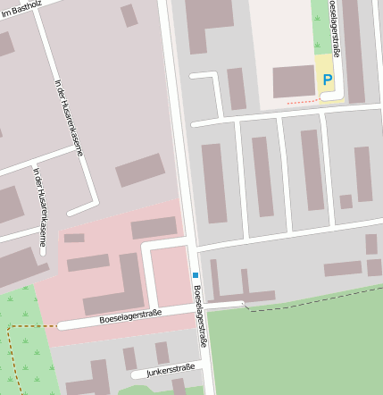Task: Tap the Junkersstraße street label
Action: pyautogui.click(x=171, y=369)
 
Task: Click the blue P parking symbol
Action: pyautogui.click(x=328, y=80)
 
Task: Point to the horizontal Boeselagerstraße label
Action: pyautogui.click(x=130, y=315)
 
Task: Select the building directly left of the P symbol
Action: pyautogui.click(x=294, y=81)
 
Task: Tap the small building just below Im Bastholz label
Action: pyautogui.click(x=129, y=15)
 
